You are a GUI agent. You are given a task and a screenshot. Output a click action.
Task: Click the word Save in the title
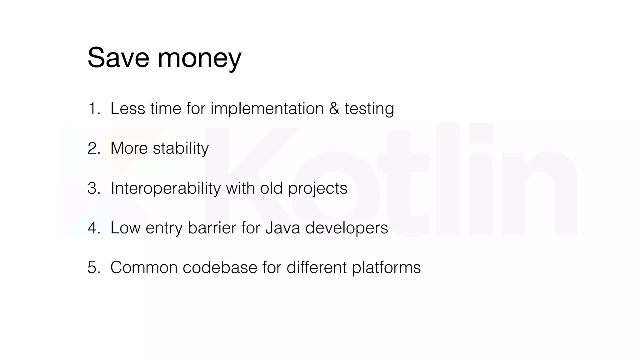pyautogui.click(x=118, y=58)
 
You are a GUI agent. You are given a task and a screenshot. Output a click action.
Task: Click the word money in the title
pyautogui.click(x=199, y=59)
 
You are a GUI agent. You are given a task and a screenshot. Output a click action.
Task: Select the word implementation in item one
pyautogui.click(x=267, y=109)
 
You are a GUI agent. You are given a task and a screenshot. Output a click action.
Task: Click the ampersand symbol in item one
pyautogui.click(x=334, y=109)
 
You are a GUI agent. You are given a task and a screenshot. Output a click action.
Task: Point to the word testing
pyautogui.click(x=369, y=109)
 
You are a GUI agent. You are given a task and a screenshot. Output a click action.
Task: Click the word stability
pyautogui.click(x=181, y=148)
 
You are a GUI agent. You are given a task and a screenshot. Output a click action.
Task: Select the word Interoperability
pyautogui.click(x=165, y=188)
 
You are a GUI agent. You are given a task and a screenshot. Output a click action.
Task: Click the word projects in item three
pyautogui.click(x=317, y=189)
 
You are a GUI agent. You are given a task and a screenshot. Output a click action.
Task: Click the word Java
pyautogui.click(x=282, y=228)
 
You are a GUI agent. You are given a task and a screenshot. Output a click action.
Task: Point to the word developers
pyautogui.click(x=347, y=228)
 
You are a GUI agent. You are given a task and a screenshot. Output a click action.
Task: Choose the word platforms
pyautogui.click(x=386, y=268)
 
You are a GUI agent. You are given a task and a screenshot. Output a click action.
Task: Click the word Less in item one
pyautogui.click(x=128, y=109)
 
